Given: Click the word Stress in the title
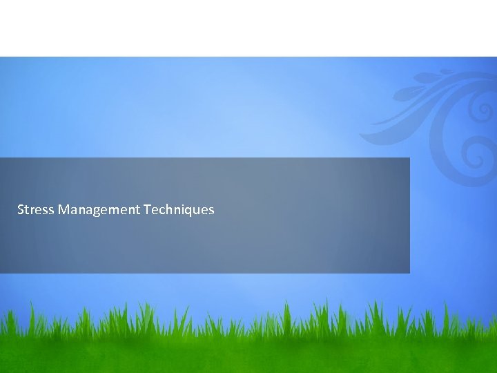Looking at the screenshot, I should point(36,209).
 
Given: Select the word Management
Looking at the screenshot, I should point(99,209).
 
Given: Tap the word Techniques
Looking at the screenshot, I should point(179,209).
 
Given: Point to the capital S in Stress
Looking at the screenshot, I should point(21,209).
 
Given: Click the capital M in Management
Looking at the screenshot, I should point(64,209).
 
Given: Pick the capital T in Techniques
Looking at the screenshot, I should point(147,209).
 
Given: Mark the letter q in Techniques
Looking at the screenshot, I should point(188,211).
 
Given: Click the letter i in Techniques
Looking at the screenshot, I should point(182,209).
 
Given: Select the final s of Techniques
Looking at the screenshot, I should point(211,209).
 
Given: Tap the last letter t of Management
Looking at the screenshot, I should point(138,209).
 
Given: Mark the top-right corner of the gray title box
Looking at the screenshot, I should point(409,158).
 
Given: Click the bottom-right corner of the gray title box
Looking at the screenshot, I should point(409,273).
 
